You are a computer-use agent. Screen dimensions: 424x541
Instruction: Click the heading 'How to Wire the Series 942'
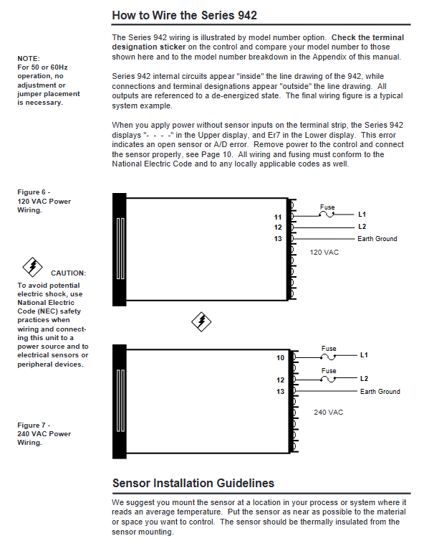point(184,15)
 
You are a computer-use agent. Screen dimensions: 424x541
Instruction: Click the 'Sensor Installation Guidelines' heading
point(193,483)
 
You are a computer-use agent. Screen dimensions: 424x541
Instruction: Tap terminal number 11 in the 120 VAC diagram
point(278,217)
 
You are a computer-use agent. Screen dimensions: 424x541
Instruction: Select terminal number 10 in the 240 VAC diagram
point(280,358)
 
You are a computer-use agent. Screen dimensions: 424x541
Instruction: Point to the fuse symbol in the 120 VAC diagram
point(327,215)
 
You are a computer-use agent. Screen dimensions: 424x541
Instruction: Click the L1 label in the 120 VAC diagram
point(362,215)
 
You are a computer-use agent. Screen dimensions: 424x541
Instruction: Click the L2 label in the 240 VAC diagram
point(364,379)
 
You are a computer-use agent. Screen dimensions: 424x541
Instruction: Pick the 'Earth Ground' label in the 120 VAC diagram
point(377,239)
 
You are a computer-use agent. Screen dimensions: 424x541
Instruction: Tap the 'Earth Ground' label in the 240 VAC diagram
point(380,392)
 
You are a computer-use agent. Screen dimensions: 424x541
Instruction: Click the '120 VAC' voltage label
point(324,253)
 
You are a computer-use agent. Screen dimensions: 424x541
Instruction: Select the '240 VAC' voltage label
point(328,413)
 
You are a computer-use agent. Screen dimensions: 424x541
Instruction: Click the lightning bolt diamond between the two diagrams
point(201,322)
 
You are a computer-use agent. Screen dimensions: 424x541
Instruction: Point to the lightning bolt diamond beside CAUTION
point(33,267)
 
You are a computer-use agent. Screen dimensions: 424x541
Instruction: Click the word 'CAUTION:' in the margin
point(69,273)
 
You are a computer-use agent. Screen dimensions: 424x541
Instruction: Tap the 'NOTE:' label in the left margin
point(29,59)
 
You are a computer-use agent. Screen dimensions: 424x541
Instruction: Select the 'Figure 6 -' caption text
point(34,192)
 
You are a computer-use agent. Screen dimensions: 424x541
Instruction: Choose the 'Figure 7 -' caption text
point(34,425)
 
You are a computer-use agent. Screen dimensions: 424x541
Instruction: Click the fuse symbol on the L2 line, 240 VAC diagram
point(328,379)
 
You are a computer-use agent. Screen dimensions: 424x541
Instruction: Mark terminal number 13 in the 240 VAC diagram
point(280,392)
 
